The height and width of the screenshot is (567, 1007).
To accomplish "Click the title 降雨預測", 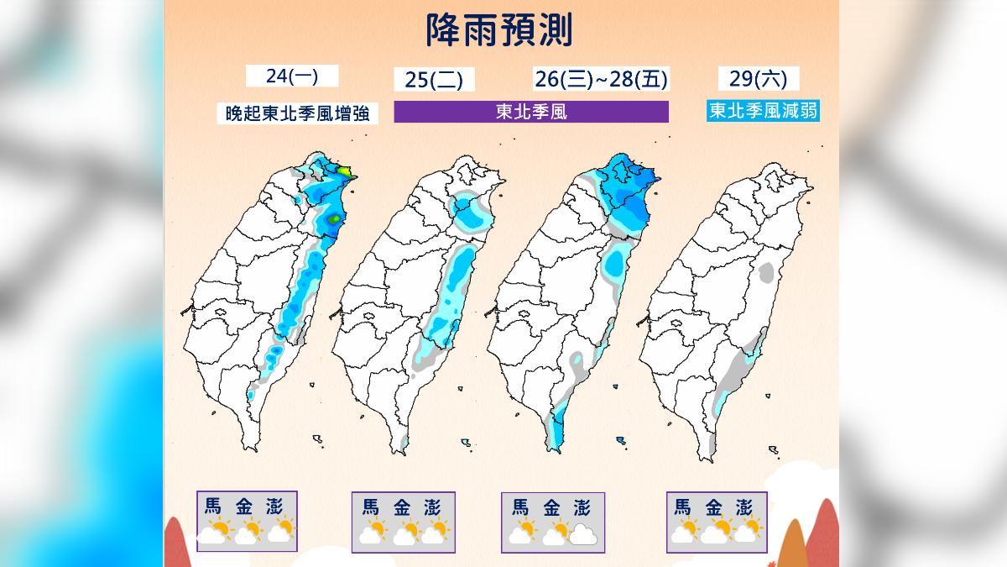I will point(498,31).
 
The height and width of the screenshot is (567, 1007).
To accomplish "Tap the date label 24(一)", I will point(291,76).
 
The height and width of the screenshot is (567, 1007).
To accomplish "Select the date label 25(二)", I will point(434,80).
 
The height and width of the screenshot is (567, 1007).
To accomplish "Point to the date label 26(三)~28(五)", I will point(601,80).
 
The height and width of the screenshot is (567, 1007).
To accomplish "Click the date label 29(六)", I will point(759,79).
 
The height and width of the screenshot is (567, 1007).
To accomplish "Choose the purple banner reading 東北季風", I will point(531,112).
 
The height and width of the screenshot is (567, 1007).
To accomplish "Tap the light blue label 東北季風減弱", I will point(763,111).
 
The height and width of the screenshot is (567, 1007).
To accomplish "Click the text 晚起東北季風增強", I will point(297,113).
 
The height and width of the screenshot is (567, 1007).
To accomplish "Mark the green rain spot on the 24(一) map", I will point(335,220).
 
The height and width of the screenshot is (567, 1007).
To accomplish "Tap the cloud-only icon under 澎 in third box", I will point(582,534).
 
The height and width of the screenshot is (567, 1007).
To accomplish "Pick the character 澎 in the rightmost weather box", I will point(743,507).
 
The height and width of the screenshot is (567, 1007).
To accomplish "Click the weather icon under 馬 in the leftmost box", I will point(214,533).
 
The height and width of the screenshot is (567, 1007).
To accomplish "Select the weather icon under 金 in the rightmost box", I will point(715,533).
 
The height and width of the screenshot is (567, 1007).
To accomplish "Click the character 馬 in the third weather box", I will point(520,507).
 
